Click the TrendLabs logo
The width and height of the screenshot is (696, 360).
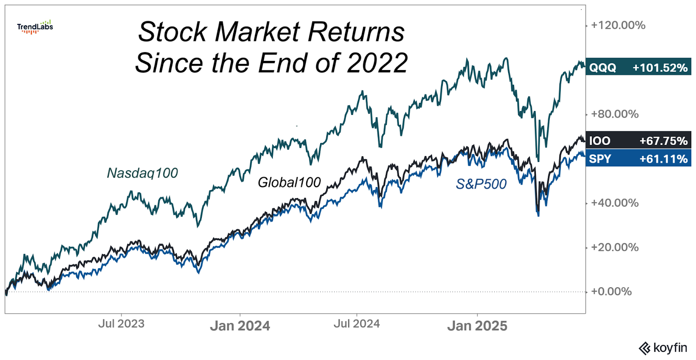click(x=35, y=27)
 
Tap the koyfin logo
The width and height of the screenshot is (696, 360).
click(x=663, y=348)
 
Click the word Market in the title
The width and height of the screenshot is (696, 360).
click(x=257, y=32)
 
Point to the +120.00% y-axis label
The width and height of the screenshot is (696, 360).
click(x=618, y=25)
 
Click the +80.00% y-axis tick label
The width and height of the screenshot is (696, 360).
click(x=615, y=114)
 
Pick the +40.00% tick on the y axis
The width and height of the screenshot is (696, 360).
click(x=615, y=203)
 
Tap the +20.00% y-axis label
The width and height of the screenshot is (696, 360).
click(x=615, y=247)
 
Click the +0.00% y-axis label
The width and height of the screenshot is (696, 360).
click(x=611, y=292)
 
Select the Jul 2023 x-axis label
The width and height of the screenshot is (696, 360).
click(x=121, y=324)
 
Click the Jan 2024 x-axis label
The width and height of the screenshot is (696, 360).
click(x=240, y=326)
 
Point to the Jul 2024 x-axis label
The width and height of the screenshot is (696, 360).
click(x=357, y=324)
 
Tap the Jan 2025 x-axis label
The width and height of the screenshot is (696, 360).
click(x=477, y=326)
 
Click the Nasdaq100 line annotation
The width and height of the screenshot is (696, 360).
click(x=142, y=173)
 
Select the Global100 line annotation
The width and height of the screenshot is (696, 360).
click(x=289, y=182)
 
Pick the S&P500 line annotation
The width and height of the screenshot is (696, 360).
click(x=481, y=184)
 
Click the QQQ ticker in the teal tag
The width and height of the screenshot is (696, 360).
click(x=602, y=68)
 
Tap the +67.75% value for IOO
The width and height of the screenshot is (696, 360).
click(x=663, y=141)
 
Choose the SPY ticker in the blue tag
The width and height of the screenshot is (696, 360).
click(x=600, y=159)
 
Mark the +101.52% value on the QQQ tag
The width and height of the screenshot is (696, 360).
click(x=660, y=68)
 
